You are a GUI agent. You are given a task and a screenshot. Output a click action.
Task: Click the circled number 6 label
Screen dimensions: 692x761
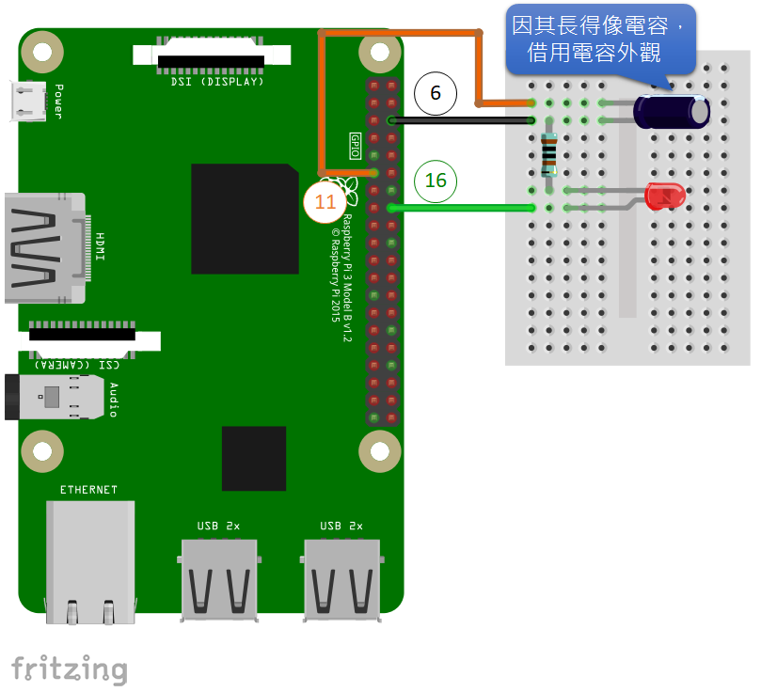coord(436,94)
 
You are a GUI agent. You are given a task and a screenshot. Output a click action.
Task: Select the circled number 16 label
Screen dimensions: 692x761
coord(436,180)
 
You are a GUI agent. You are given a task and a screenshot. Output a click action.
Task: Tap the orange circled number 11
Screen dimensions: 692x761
coord(325,202)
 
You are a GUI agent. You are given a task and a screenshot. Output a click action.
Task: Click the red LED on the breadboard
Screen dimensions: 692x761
coord(665,197)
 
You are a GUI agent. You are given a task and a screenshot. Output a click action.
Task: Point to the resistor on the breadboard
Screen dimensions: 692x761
coord(550,155)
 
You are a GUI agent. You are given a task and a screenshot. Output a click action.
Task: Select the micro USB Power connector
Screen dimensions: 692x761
coord(28,102)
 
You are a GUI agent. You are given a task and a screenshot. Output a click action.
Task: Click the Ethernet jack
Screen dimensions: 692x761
coord(90,561)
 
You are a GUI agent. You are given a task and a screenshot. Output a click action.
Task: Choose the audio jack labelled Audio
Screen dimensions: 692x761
coord(56,396)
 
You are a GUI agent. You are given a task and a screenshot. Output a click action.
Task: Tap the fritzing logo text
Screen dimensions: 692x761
coord(69,669)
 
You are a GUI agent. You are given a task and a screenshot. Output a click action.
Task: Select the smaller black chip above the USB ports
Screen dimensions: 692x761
coord(254,458)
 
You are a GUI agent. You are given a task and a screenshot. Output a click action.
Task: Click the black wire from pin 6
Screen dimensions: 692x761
coord(461,120)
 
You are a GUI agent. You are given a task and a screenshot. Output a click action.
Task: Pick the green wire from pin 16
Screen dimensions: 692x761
coord(461,208)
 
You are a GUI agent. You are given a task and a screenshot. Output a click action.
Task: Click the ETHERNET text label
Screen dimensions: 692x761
coord(89,490)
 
